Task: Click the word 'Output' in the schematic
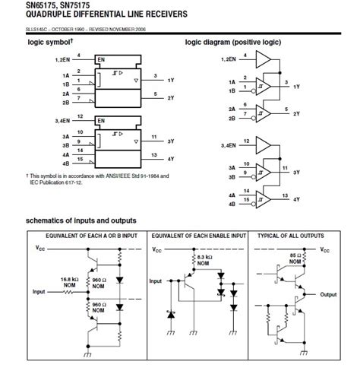pos(328,294)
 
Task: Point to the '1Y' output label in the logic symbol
pos(171,79)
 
